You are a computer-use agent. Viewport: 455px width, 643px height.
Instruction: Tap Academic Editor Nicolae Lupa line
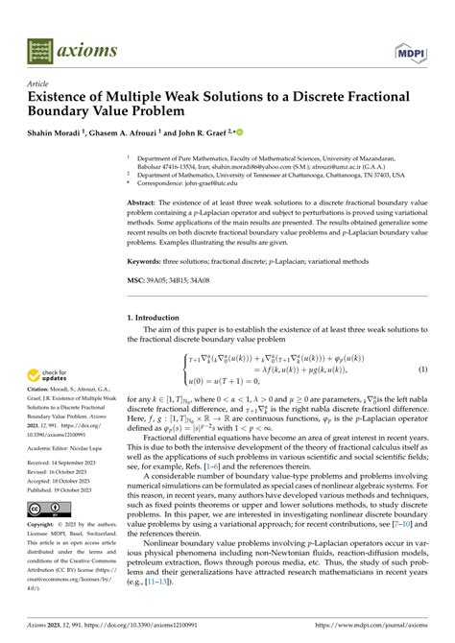pyautogui.click(x=63, y=447)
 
